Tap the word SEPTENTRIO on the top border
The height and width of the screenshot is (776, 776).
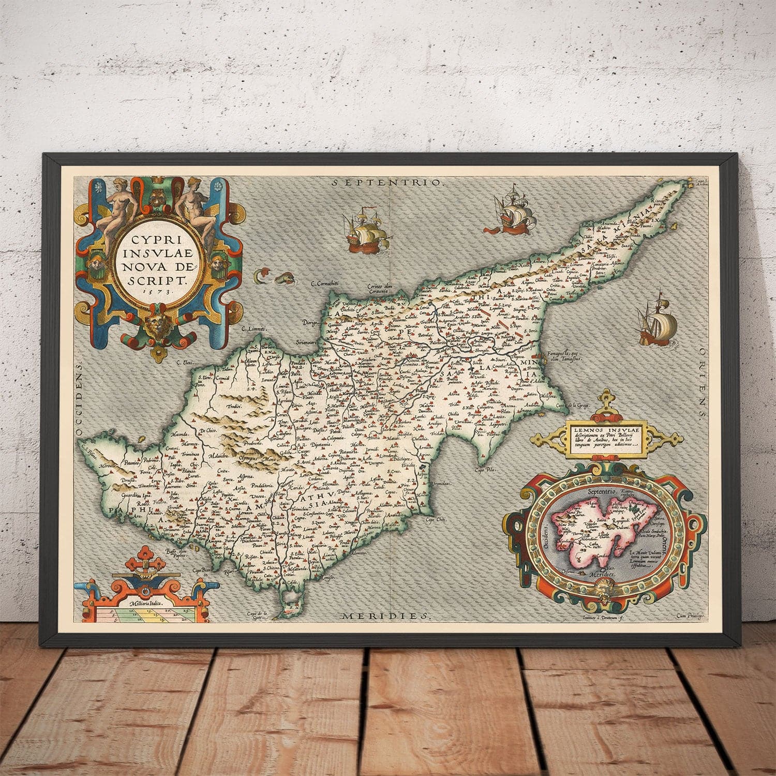pos(388,182)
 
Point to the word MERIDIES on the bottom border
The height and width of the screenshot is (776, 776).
pos(386,616)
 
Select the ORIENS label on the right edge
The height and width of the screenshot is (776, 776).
pos(702,383)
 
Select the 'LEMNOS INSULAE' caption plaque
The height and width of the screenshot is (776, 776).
pos(605,437)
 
